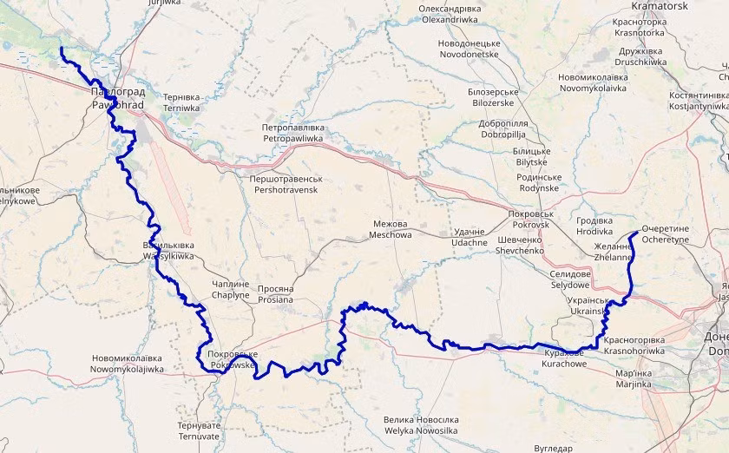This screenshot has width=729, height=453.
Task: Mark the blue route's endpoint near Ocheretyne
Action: tap(640, 232)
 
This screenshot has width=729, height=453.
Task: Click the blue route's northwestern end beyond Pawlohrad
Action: tap(62, 49)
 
